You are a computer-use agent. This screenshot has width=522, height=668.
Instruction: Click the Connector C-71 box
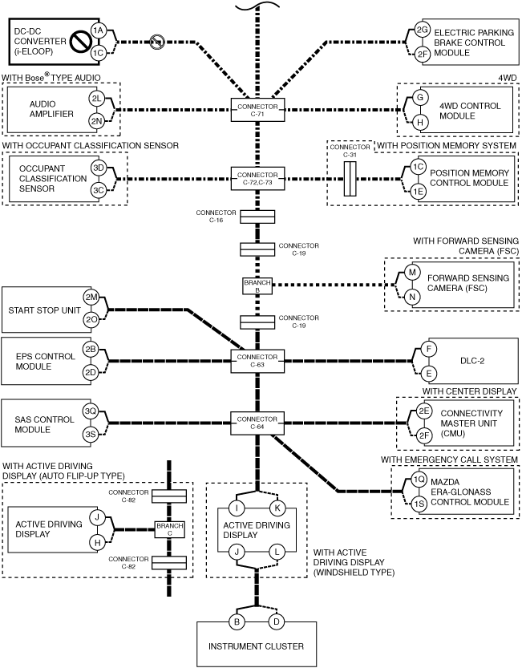257,110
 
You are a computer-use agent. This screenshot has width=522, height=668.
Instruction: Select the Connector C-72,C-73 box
257,179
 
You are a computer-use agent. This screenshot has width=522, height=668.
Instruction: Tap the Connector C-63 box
257,361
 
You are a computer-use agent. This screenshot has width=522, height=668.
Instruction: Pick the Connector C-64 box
257,423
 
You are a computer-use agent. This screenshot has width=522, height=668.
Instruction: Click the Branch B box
257,286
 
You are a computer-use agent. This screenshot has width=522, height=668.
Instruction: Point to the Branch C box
170,529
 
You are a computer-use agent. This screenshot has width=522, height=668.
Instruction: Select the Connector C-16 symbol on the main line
257,217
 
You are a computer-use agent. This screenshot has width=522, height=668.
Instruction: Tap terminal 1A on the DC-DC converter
99,30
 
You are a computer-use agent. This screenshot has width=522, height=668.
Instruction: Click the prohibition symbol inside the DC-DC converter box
79,42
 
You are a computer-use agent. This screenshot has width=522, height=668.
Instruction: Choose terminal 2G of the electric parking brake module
423,30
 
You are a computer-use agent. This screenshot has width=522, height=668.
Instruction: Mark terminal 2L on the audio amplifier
97,99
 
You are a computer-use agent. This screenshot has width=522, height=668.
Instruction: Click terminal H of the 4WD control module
420,122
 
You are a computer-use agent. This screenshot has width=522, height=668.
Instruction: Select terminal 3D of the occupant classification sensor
99,168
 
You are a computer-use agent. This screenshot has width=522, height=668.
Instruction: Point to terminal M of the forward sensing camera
412,272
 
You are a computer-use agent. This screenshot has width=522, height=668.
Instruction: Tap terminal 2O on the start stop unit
91,320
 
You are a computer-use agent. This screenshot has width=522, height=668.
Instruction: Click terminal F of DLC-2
429,350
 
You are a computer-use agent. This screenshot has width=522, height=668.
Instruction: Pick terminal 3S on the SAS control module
91,435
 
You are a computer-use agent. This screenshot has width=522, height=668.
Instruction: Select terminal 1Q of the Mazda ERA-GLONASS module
419,480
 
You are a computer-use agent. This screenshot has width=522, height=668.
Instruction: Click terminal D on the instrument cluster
276,621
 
